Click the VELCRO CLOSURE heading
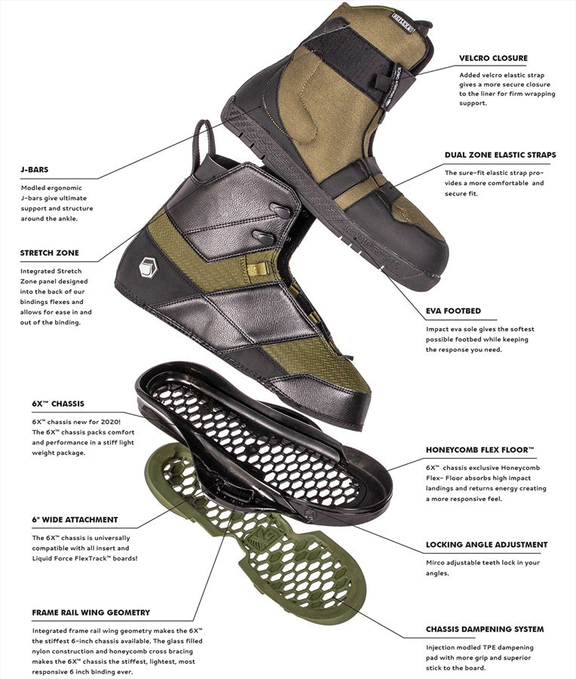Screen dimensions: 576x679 493,58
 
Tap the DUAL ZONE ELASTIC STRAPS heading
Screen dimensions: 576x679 501,155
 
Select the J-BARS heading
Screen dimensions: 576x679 35,170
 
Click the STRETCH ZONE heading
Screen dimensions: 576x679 50,253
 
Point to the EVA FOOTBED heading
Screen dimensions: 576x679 453,311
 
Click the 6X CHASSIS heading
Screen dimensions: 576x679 58,404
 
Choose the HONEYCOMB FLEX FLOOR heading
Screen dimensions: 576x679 480,450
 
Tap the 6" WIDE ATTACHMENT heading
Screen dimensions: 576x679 75,520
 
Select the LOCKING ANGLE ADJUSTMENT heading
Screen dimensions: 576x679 486,545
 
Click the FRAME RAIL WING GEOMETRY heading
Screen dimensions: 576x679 91,613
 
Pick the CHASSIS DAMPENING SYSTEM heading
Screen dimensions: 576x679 485,629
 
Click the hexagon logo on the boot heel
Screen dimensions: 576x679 148,267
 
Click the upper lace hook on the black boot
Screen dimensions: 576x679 280,211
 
